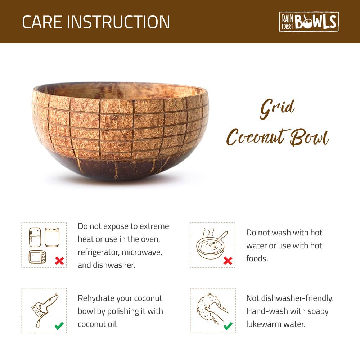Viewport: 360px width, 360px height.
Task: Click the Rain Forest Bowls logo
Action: tap(309, 22)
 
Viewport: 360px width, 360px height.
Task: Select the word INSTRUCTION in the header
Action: tap(118, 22)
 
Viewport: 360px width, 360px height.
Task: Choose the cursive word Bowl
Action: tap(310, 139)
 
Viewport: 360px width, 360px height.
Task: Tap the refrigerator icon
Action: tap(35, 237)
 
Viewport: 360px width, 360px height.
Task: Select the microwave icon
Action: tap(37, 257)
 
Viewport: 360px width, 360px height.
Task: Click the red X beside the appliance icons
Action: tap(59, 261)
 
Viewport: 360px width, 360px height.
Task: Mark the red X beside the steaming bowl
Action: tap(228, 261)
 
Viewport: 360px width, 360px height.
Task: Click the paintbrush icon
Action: tap(43, 310)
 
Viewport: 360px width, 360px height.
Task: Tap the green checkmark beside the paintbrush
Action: tap(59, 326)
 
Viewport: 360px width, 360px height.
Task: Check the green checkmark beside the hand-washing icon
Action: tap(228, 326)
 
